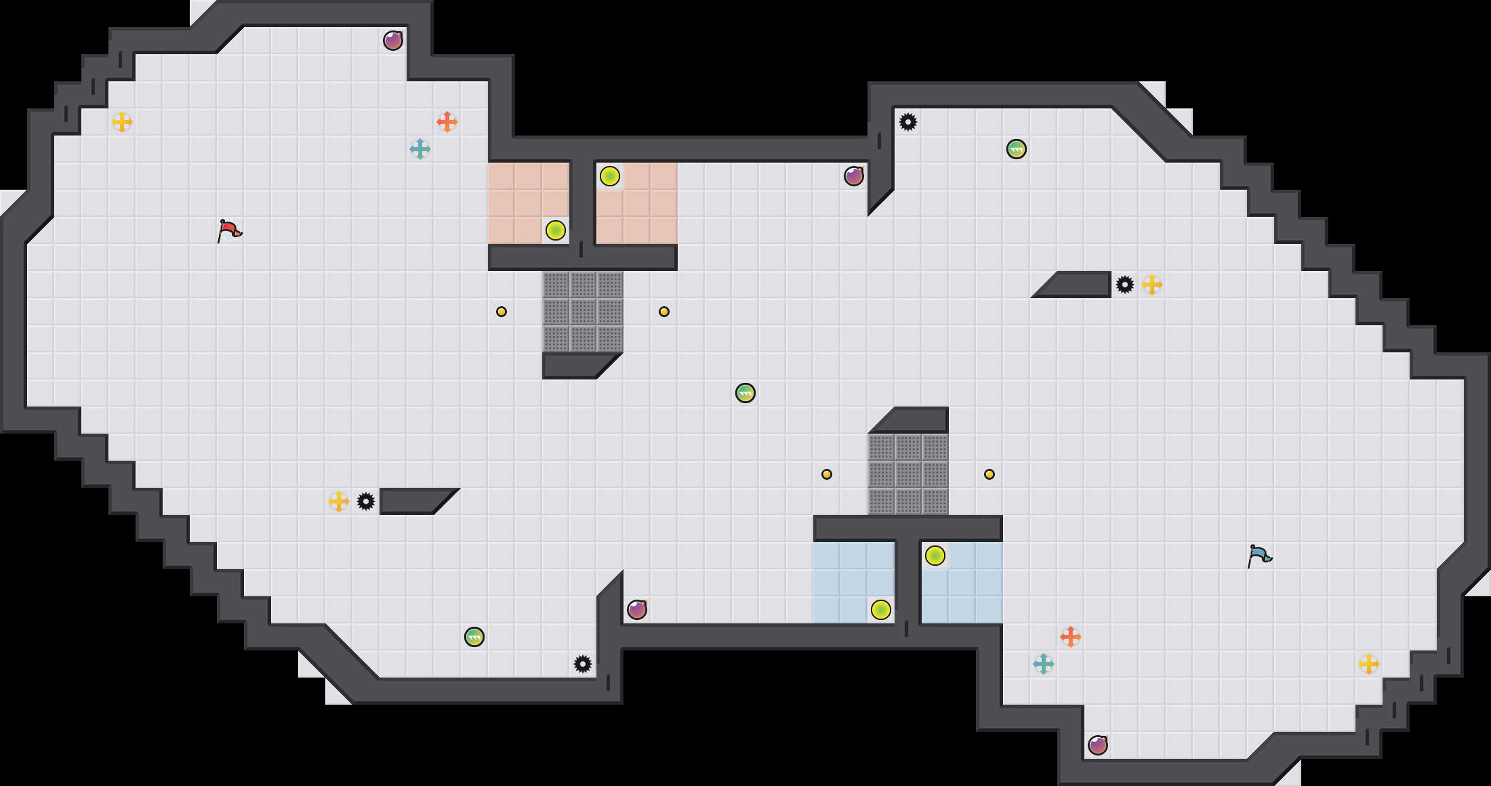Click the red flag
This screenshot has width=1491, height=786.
click(x=229, y=230)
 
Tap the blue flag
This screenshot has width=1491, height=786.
click(x=1259, y=556)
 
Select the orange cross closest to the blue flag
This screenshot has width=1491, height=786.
click(x=1070, y=637)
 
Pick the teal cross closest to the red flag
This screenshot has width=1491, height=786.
click(x=420, y=149)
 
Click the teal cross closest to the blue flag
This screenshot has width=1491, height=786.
click(x=1043, y=664)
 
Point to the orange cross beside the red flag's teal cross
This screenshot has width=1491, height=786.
click(x=447, y=122)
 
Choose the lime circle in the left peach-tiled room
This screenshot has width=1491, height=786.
click(x=555, y=230)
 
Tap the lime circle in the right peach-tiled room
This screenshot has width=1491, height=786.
click(x=609, y=176)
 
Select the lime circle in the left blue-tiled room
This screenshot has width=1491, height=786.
click(x=880, y=610)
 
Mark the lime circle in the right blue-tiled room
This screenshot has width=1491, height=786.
click(x=935, y=556)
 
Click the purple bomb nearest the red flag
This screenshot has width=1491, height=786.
click(x=393, y=41)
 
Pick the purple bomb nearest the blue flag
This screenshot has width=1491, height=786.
click(x=1098, y=745)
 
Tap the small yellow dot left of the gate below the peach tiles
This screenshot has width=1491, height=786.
click(x=501, y=312)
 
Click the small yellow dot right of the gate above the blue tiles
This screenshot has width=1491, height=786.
click(x=989, y=474)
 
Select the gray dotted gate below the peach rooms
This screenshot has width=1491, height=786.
click(x=582, y=312)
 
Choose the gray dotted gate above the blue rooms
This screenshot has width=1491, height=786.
click(x=907, y=474)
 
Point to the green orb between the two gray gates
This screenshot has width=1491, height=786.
click(x=745, y=393)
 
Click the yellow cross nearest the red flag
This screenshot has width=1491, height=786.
click(x=121, y=122)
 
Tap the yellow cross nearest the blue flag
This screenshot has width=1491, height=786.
click(x=1368, y=664)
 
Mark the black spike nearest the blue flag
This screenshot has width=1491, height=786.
click(x=1124, y=285)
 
